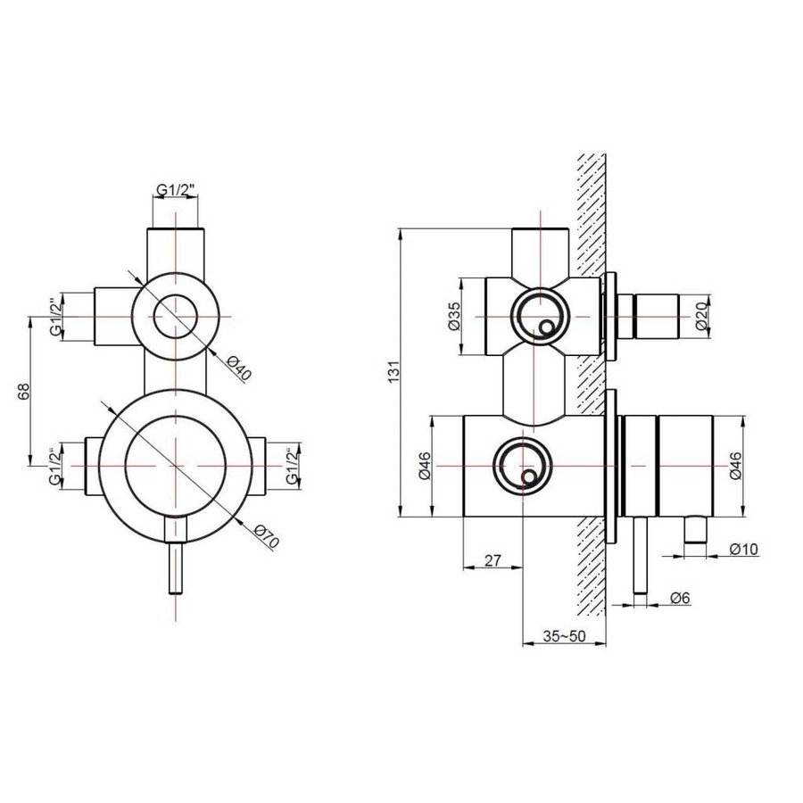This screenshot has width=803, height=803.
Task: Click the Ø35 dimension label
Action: (x=453, y=317)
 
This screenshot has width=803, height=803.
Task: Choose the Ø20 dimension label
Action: (x=700, y=317)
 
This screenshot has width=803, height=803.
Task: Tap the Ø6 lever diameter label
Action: (x=680, y=599)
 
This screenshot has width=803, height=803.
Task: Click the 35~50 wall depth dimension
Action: (x=563, y=637)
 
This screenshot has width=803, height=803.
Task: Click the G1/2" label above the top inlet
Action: (x=177, y=189)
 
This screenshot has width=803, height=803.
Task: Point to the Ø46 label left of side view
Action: (x=426, y=466)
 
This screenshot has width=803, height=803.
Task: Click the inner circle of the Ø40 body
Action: (x=177, y=317)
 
